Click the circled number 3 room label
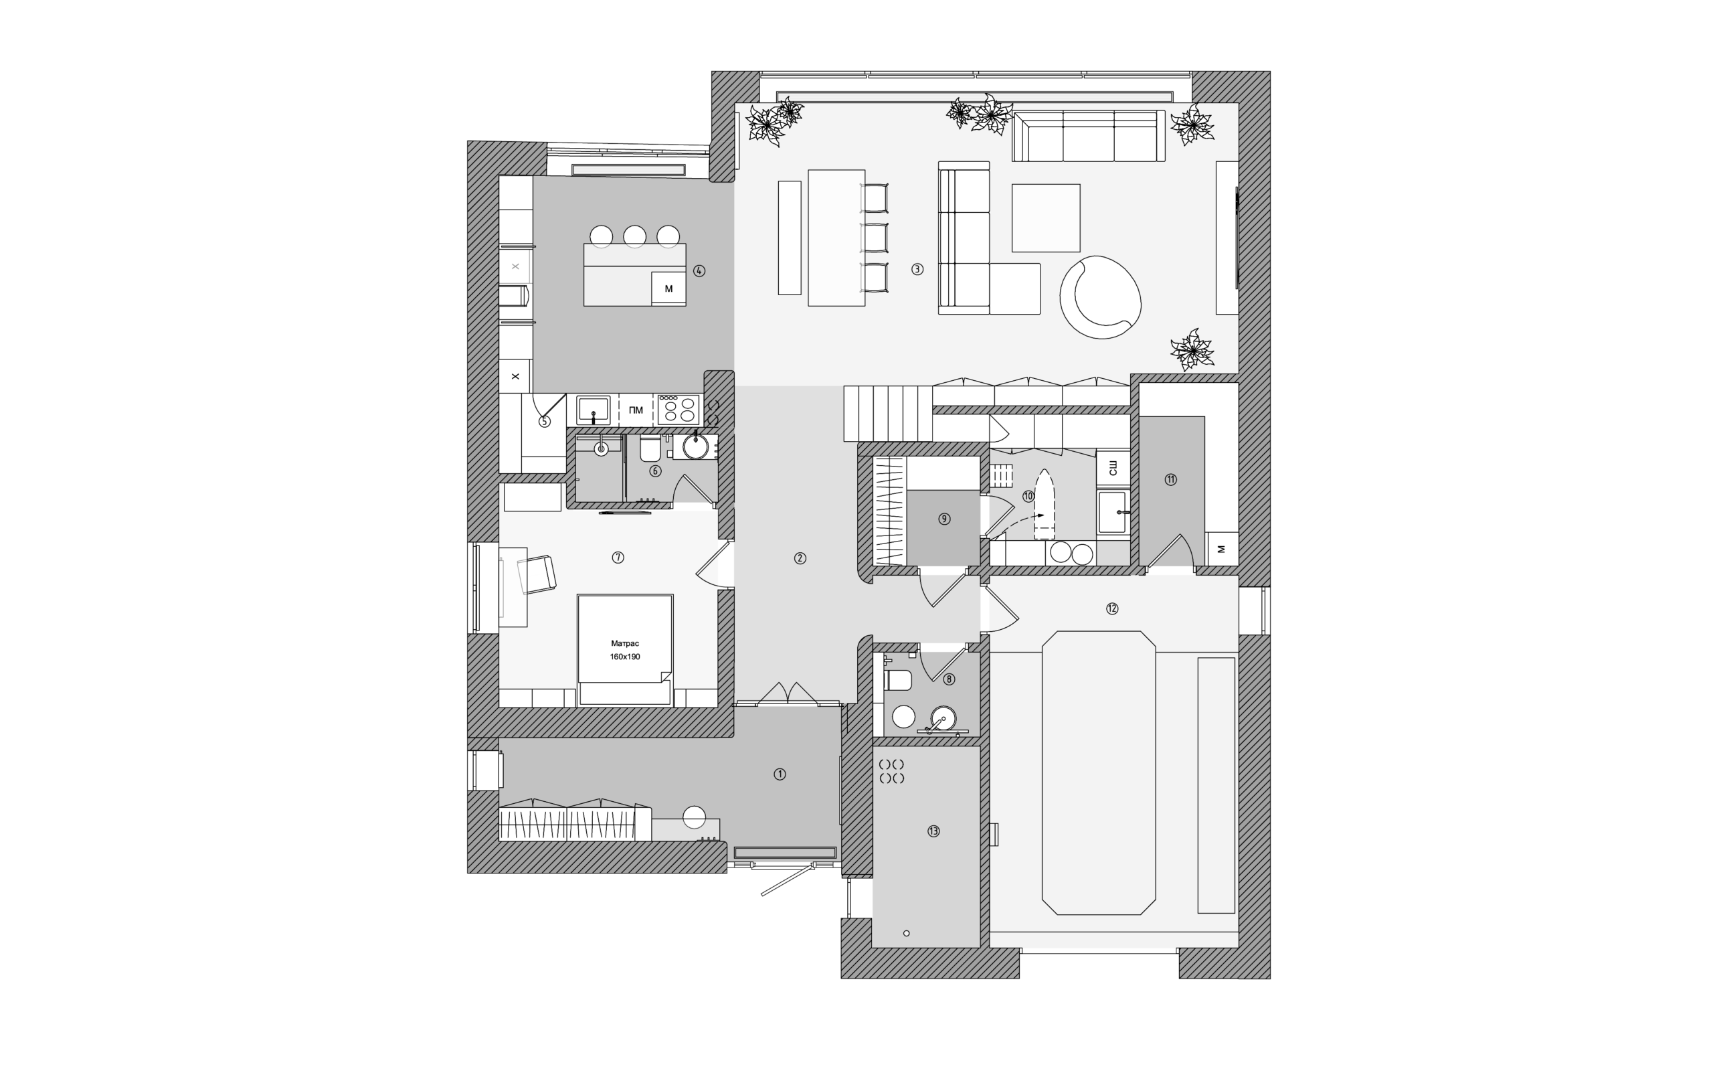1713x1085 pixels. (917, 270)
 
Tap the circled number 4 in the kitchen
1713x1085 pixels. (699, 271)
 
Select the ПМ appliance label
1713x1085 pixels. (636, 410)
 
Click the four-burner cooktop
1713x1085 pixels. (678, 410)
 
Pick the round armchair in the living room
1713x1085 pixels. (1100, 297)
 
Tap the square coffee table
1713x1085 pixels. (1046, 218)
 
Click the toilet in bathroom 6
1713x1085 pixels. (650, 448)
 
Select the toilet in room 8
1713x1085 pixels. (898, 680)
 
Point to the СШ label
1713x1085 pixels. (1113, 467)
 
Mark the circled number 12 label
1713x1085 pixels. (1112, 608)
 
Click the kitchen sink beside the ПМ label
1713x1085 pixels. (593, 410)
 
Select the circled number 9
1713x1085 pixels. (944, 519)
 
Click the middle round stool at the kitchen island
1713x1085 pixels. (634, 236)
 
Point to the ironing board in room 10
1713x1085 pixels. (1044, 504)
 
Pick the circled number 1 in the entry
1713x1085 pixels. (780, 774)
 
